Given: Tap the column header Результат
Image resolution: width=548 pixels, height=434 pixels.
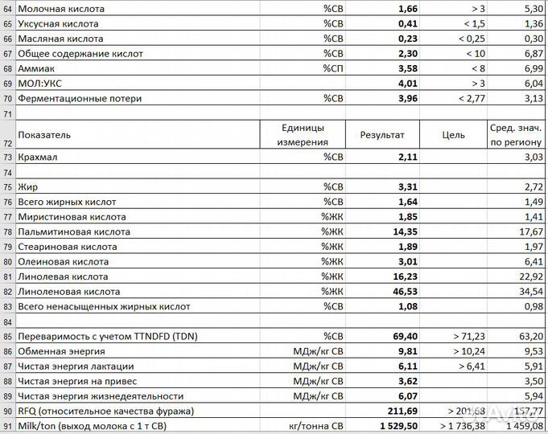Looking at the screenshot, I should pyautogui.click(x=382, y=135).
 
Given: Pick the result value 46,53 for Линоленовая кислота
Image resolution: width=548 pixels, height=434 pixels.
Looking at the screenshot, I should pyautogui.click(x=402, y=292).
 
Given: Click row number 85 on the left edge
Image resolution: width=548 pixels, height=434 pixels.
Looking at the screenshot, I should pyautogui.click(x=7, y=337).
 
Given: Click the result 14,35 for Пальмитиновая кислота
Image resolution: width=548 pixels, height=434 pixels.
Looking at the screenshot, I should pyautogui.click(x=402, y=231).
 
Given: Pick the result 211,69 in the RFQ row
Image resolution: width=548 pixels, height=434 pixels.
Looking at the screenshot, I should pyautogui.click(x=399, y=411).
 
